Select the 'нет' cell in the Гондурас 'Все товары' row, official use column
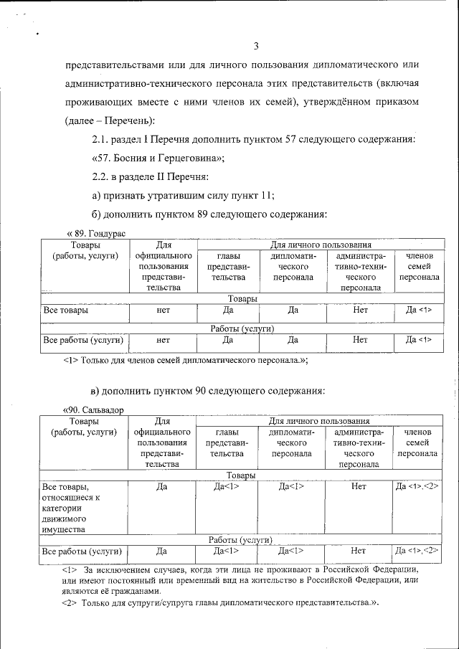pyautogui.click(x=163, y=311)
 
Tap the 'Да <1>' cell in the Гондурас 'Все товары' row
pyautogui.click(x=419, y=311)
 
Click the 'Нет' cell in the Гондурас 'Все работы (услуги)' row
pyautogui.click(x=360, y=340)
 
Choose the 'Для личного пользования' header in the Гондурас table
pyautogui.click(x=320, y=245)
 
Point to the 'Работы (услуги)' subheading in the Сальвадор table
pyautogui.click(x=240, y=540)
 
